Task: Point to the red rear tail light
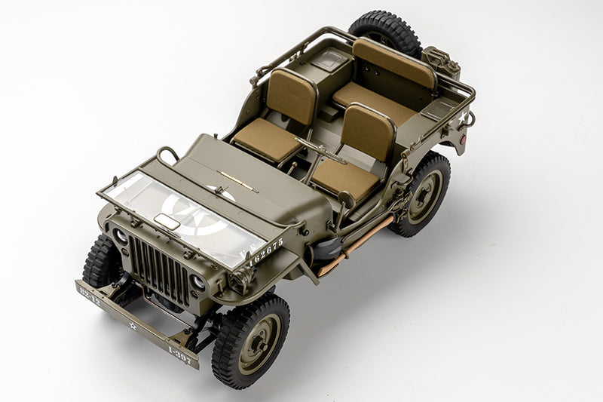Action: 463,140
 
